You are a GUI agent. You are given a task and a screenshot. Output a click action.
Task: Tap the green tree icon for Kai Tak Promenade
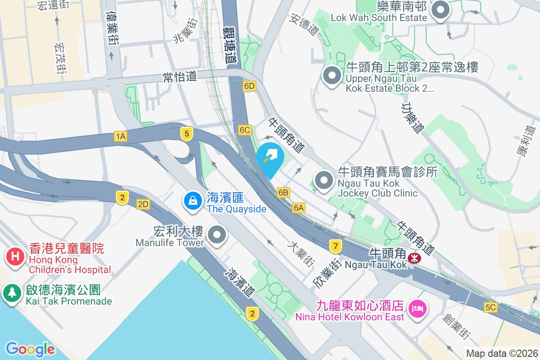tap(12, 293)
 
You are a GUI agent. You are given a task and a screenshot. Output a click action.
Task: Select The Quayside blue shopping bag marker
tap(193, 200)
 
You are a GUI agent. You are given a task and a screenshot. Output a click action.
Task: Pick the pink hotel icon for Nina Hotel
tap(417, 309)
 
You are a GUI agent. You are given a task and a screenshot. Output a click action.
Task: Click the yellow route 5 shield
tap(187, 133)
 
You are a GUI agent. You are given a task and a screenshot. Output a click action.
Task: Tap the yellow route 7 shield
tap(335, 246)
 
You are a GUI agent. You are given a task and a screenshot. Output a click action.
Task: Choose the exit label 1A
tap(120, 136)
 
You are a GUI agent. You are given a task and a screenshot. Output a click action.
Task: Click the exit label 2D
tap(143, 205)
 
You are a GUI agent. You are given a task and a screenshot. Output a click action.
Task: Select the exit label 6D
tap(249, 86)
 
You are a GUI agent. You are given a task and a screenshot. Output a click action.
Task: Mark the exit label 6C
tap(245, 130)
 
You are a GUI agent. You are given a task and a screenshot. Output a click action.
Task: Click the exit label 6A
tap(299, 207)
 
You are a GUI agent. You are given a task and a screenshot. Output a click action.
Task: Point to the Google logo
tap(30, 349)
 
